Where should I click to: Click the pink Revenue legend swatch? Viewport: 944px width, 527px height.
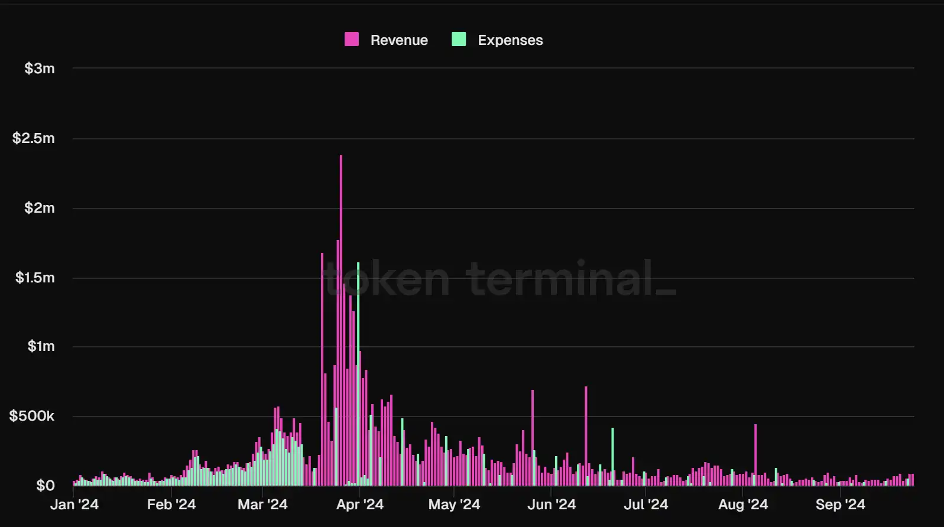[x=352, y=40]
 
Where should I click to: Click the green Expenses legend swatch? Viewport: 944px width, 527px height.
[x=459, y=40]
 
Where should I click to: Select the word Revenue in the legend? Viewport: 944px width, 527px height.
[x=399, y=40]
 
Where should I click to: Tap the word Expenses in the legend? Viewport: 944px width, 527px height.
[x=510, y=40]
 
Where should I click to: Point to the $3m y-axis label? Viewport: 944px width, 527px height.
[x=40, y=69]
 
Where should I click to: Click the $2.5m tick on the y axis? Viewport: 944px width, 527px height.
[x=34, y=138]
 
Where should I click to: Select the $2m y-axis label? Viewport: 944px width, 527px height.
[x=40, y=208]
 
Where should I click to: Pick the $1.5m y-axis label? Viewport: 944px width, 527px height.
[x=35, y=278]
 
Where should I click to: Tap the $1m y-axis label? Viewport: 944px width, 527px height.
[x=41, y=346]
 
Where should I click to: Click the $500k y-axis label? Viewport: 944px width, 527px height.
[x=32, y=416]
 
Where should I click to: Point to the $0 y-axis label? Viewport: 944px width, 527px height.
[x=46, y=486]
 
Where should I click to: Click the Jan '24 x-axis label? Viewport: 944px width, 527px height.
[x=74, y=505]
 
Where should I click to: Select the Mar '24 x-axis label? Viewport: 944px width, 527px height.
[x=262, y=505]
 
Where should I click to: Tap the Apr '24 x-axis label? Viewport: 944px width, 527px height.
[x=360, y=505]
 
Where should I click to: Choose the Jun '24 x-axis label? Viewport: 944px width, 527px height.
[x=552, y=505]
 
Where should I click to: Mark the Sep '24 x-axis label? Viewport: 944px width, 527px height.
[x=840, y=505]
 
